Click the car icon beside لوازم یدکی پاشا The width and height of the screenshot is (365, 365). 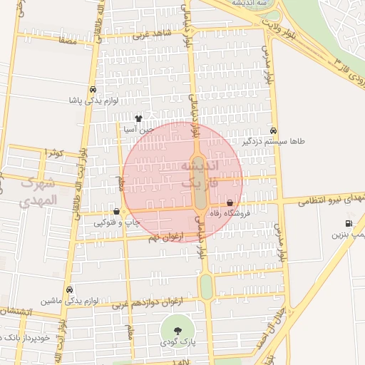pos(93,90)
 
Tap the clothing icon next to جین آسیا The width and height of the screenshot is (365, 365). pos(138,119)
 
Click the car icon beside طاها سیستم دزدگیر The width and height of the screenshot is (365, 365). pos(274,131)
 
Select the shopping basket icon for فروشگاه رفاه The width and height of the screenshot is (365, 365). pos(229,202)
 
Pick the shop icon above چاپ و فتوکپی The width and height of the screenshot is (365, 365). pos(116,212)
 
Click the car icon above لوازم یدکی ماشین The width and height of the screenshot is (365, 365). pos(69,289)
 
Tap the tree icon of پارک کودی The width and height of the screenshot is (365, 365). pos(177,329)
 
